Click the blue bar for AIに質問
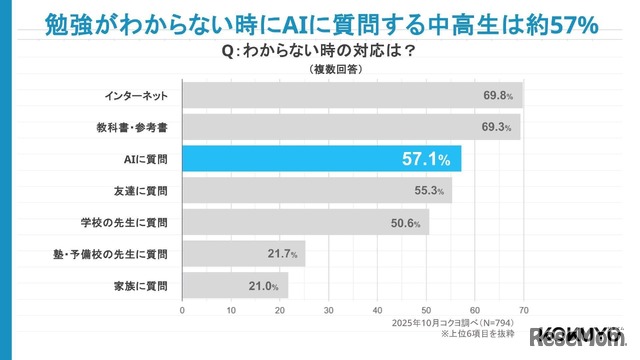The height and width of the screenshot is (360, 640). pyautogui.click(x=320, y=158)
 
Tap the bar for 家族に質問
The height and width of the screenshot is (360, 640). pyautogui.click(x=235, y=286)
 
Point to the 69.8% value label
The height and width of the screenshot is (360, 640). pyautogui.click(x=496, y=97)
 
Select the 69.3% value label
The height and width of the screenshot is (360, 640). pyautogui.click(x=495, y=128)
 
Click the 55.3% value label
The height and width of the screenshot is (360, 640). pyautogui.click(x=428, y=191)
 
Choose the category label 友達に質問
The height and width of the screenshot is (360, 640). pyautogui.click(x=142, y=190)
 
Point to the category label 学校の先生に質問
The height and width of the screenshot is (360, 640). pyautogui.click(x=130, y=223)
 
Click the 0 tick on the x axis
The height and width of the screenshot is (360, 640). pyautogui.click(x=182, y=311)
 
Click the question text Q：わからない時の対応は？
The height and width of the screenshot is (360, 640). pyautogui.click(x=320, y=51)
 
